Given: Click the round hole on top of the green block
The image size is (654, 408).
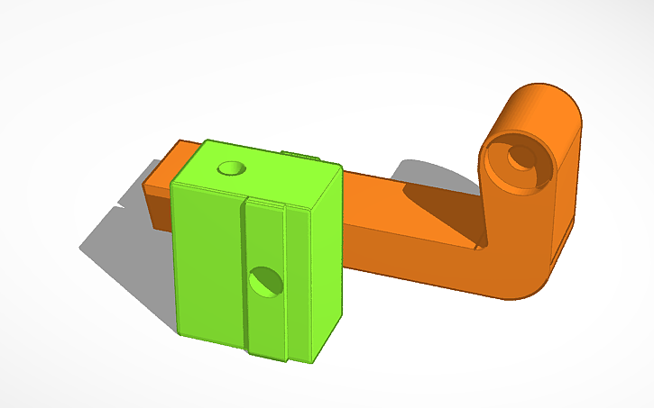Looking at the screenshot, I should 232,168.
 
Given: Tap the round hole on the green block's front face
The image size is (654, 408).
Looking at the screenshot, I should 265,282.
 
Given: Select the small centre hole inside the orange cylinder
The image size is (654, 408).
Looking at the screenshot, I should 520,158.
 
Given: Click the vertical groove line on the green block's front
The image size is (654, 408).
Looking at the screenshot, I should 244,270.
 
